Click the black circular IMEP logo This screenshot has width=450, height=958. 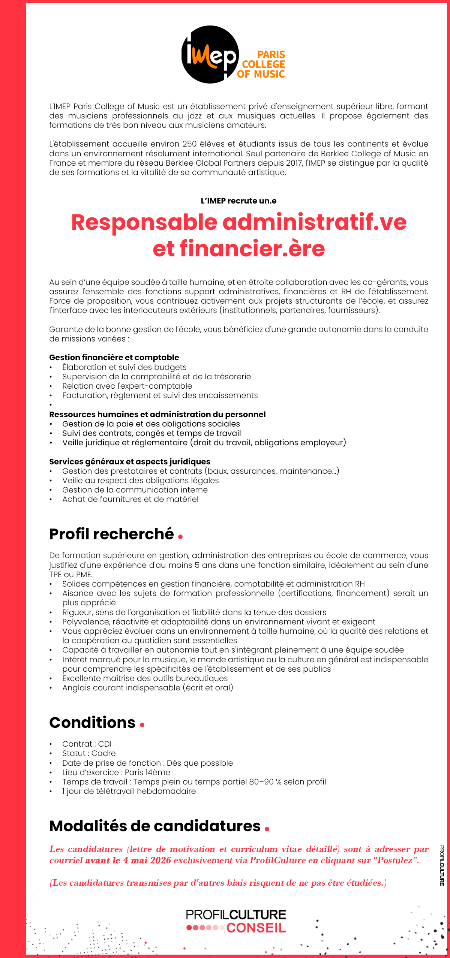(x=210, y=55)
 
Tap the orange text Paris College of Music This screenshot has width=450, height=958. (x=262, y=64)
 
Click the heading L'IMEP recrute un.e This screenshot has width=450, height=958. (x=238, y=201)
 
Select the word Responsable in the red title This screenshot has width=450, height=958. (x=144, y=222)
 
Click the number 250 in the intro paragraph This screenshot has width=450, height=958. (x=190, y=144)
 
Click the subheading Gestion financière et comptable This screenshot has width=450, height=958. (x=114, y=358)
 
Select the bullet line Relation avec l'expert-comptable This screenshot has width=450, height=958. (x=127, y=386)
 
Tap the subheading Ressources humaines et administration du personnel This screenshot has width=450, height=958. (x=157, y=415)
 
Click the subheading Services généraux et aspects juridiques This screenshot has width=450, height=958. (x=129, y=462)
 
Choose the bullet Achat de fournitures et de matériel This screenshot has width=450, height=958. (x=130, y=499)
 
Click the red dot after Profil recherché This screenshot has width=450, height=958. (x=180, y=537)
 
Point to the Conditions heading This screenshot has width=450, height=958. (x=92, y=723)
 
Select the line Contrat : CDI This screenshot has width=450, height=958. (x=87, y=744)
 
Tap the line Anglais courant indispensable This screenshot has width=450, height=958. (x=147, y=688)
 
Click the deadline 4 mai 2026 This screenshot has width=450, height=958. (x=147, y=860)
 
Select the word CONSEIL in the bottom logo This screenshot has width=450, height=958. (x=256, y=928)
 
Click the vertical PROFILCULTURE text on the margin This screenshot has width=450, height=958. (x=442, y=865)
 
